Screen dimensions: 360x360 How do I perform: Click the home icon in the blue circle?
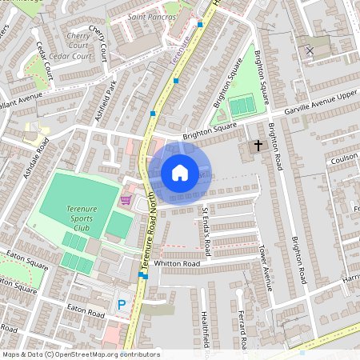[x=180, y=173]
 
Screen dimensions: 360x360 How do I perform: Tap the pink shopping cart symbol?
[x=126, y=199]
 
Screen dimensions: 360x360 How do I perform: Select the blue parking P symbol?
[x=122, y=305]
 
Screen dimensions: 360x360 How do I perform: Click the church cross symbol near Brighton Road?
[x=258, y=146]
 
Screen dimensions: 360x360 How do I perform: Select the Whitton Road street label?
[x=177, y=263]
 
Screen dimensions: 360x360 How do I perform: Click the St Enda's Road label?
[x=206, y=232]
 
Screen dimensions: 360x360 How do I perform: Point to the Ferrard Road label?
[x=239, y=328]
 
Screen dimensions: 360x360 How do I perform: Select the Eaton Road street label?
[x=86, y=308]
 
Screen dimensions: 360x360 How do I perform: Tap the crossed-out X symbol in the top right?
[x=310, y=50]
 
